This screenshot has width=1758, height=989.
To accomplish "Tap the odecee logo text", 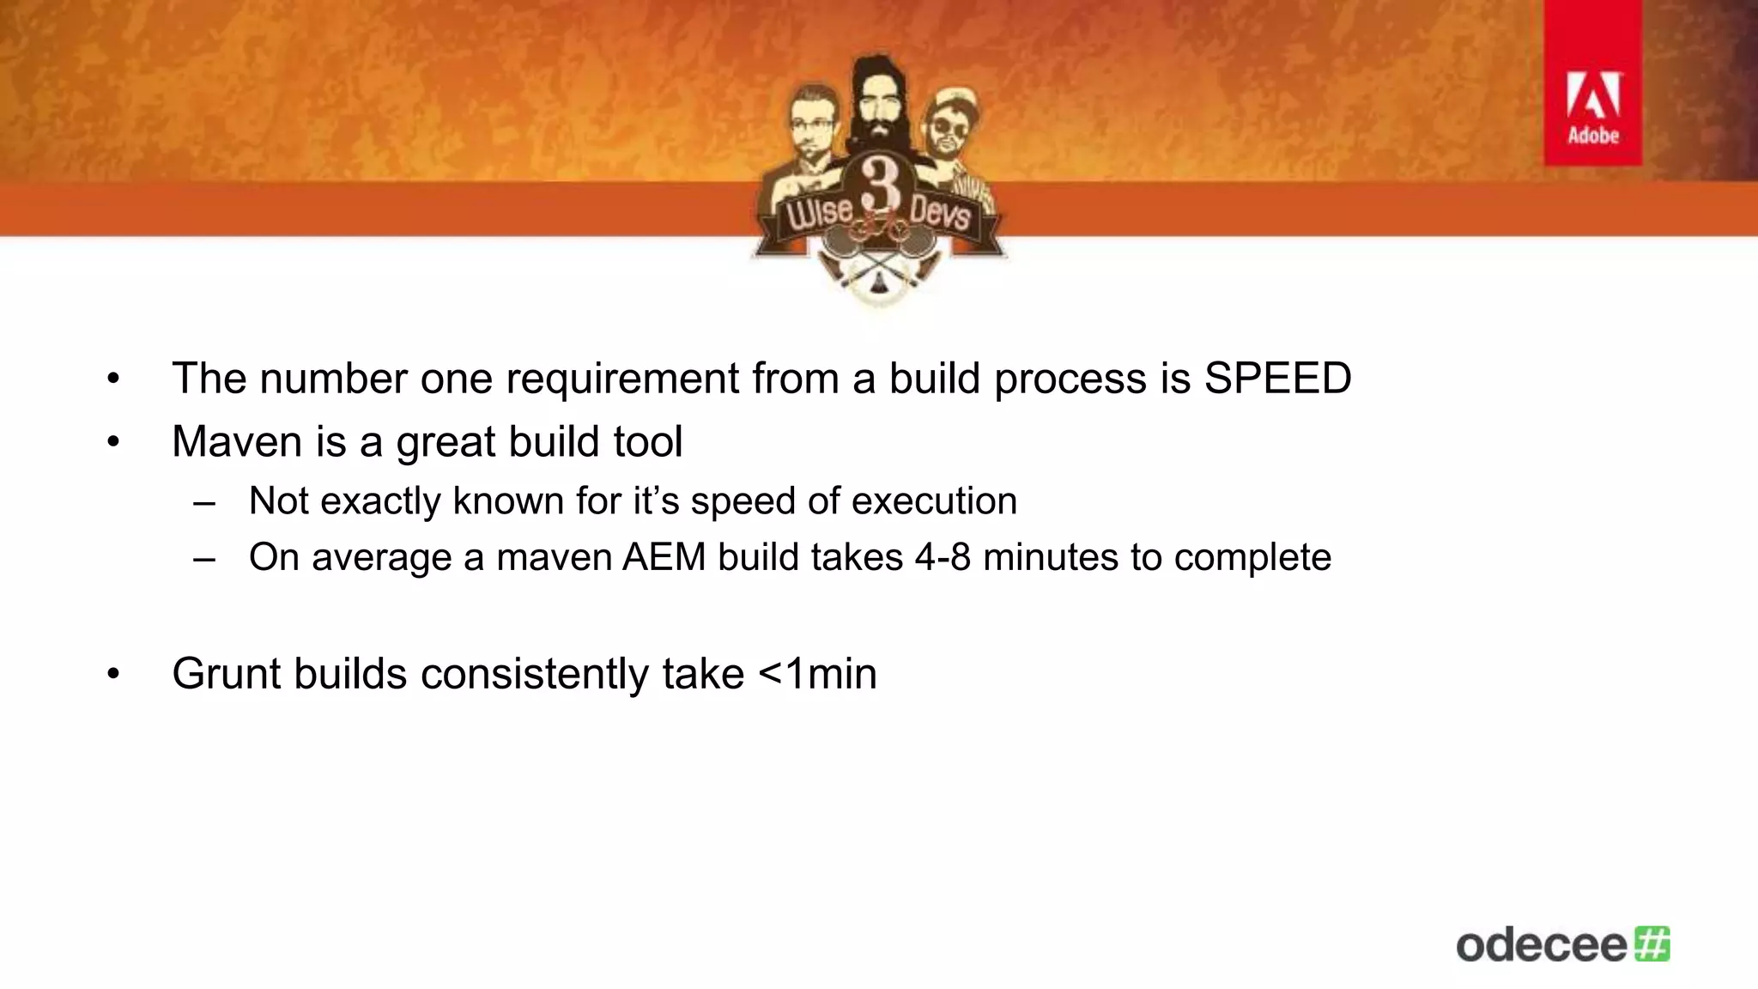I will tap(1542, 945).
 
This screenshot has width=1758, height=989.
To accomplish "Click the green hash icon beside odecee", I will tap(1652, 943).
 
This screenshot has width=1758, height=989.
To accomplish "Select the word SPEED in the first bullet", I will tap(1277, 379).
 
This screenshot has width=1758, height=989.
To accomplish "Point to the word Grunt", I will tap(226, 673).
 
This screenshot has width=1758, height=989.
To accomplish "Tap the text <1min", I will tap(818, 673).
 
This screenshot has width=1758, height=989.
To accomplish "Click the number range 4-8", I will tap(943, 557).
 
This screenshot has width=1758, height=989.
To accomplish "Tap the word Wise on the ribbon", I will tap(815, 209).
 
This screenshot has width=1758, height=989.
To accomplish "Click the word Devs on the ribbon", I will tap(939, 209).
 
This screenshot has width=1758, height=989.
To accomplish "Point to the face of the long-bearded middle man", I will tap(877, 95).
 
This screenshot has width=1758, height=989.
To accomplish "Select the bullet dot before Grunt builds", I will tap(114, 674).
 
